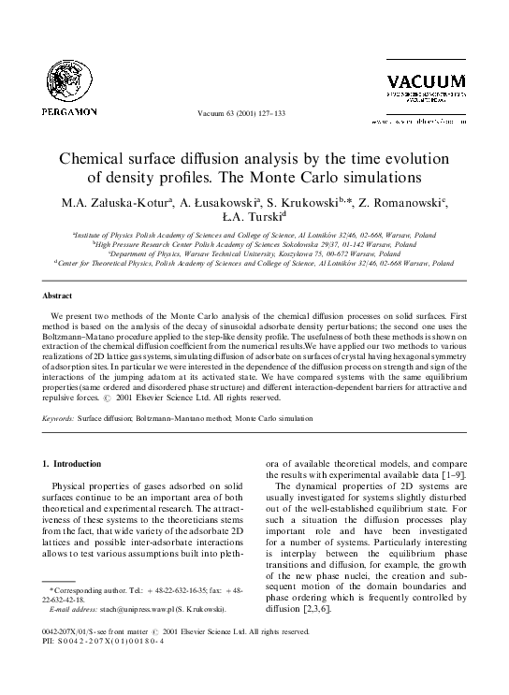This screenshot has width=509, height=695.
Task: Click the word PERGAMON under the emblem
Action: tap(69, 112)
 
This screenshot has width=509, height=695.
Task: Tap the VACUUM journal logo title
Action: tap(426, 80)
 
